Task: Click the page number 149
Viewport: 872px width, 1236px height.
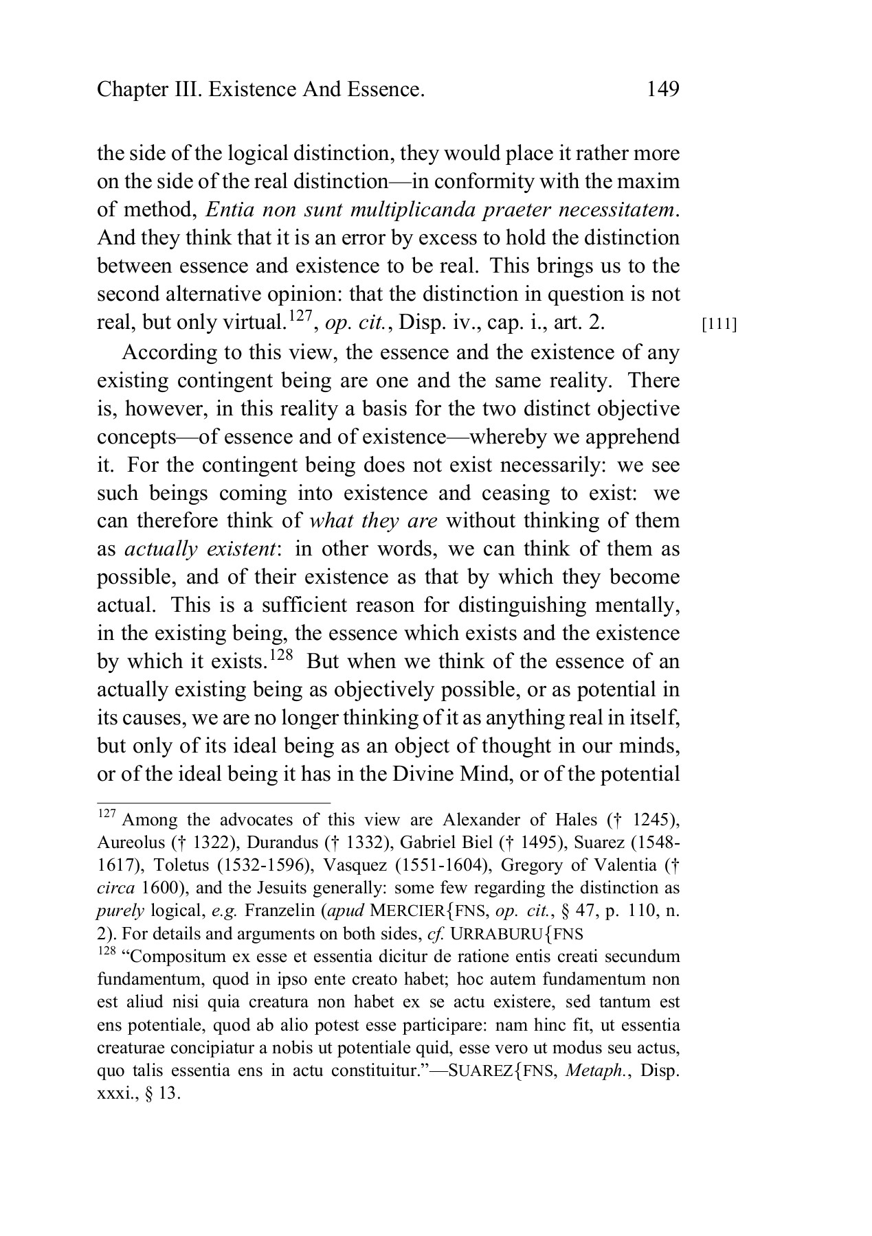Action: pyautogui.click(x=662, y=89)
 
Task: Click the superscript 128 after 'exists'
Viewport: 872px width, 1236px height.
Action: pyautogui.click(x=280, y=653)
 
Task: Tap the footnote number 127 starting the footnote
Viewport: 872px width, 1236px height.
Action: pyautogui.click(x=106, y=814)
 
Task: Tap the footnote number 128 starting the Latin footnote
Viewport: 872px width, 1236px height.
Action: pyautogui.click(x=106, y=951)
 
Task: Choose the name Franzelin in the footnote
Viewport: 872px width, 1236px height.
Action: pyautogui.click(x=275, y=911)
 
